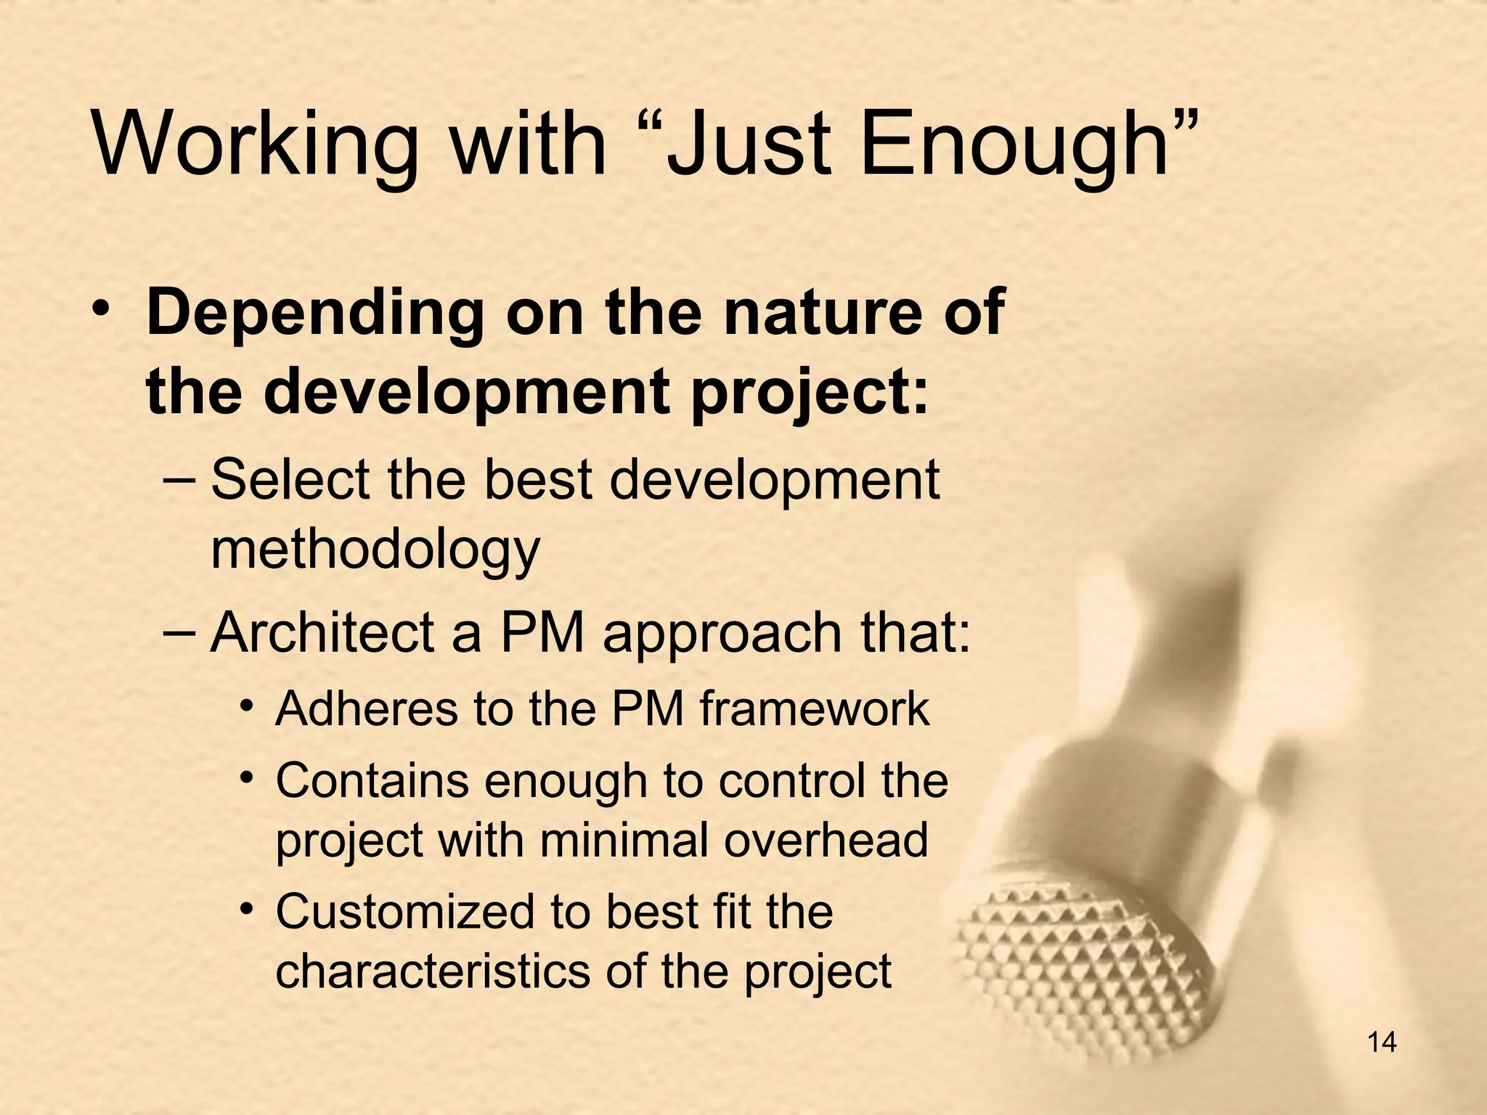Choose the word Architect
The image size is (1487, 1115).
point(322,632)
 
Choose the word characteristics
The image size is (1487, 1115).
point(433,971)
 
